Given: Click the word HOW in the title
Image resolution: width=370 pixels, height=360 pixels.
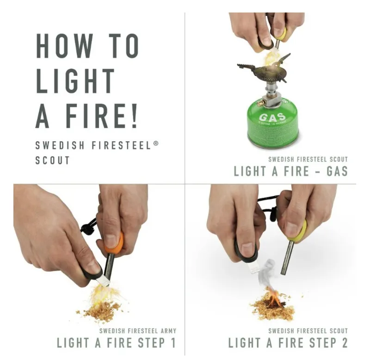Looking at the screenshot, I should [65, 46].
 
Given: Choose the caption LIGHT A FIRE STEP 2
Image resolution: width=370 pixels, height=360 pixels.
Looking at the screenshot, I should [288, 343].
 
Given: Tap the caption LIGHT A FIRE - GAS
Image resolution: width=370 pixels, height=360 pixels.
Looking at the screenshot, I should [290, 171].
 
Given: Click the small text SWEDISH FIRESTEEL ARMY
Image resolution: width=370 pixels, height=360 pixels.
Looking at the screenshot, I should [138, 331].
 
